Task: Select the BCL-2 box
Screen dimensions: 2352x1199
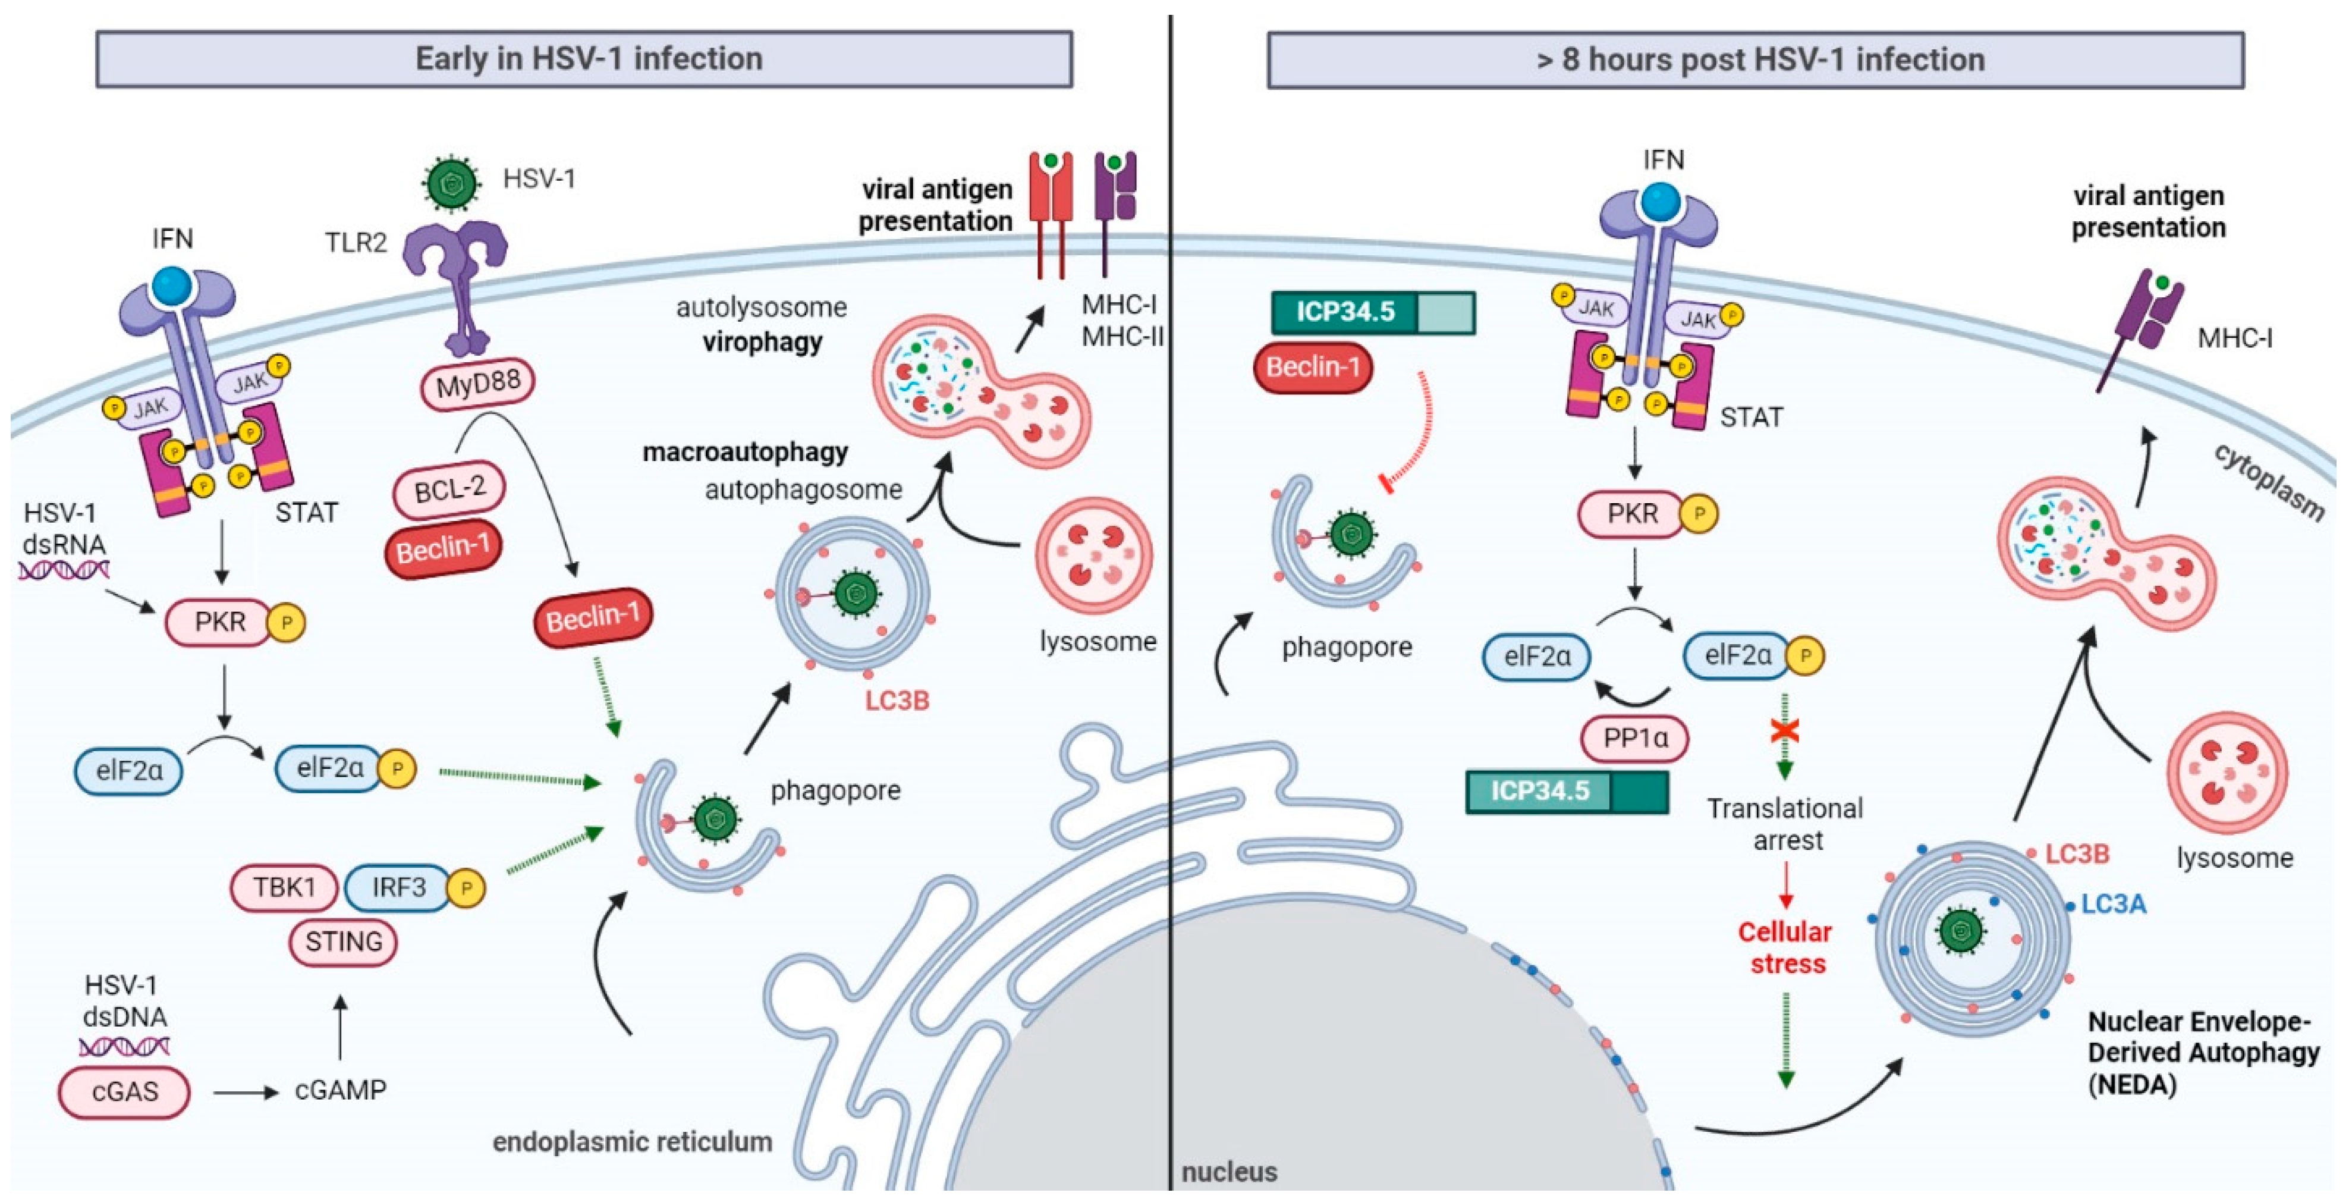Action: [449, 489]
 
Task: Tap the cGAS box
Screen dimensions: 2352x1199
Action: [124, 1091]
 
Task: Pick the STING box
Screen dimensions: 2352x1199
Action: [343, 941]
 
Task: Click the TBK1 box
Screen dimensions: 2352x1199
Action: [284, 887]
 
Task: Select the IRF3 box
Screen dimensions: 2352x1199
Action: [399, 887]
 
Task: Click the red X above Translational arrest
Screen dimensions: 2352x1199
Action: [1785, 730]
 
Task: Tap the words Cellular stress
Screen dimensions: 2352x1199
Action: [1786, 948]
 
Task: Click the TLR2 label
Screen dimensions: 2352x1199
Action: [356, 242]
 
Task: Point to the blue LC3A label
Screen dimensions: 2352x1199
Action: [2113, 904]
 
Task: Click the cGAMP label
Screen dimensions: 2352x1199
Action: [341, 1090]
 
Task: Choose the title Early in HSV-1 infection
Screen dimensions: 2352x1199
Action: [589, 58]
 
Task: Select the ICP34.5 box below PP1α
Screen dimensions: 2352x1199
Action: [1567, 791]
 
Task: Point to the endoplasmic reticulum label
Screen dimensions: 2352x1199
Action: [632, 1141]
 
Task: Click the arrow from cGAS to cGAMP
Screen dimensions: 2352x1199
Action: [246, 1092]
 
